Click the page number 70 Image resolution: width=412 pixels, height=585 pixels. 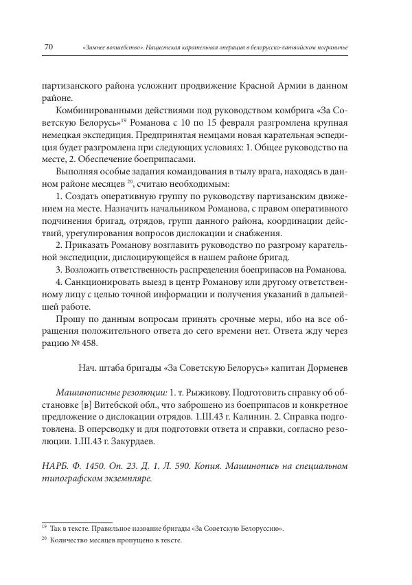point(48,47)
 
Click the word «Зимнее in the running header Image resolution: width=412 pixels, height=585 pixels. point(97,47)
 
